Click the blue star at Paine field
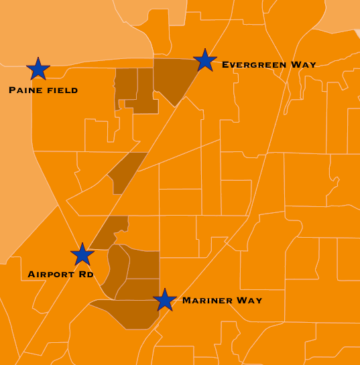[x=38, y=68]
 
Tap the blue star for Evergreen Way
[x=205, y=60]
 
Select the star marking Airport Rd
[x=82, y=254]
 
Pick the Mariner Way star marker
[x=165, y=299]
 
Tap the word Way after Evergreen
[x=304, y=65]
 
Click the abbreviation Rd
[x=85, y=275]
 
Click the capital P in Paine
[x=12, y=90]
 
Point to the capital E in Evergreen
[x=225, y=65]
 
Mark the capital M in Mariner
[x=186, y=301]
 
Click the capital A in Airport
[x=32, y=275]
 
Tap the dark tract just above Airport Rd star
[x=111, y=231]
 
